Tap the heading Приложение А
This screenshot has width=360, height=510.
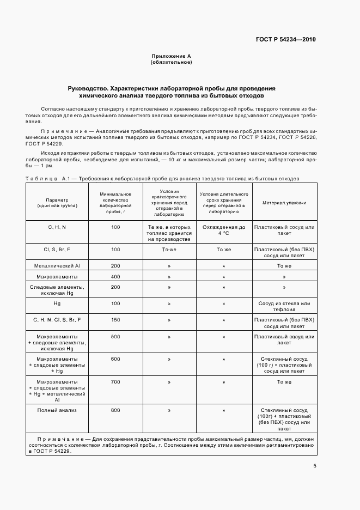(171, 56)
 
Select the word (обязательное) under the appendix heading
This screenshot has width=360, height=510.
(171, 62)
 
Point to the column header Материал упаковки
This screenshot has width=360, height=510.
(284, 203)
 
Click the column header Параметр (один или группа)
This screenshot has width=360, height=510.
(57, 203)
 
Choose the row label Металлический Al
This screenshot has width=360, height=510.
(57, 265)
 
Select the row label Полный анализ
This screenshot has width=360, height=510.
(57, 410)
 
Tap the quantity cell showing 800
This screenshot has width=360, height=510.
(115, 410)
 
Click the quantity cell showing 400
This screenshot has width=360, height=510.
(115, 277)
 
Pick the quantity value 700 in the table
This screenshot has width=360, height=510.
(115, 382)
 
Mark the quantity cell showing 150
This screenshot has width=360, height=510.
(115, 319)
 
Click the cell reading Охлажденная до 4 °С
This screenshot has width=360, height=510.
(224, 230)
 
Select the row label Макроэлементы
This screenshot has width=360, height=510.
(57, 277)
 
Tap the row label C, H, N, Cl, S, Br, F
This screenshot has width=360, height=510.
(57, 319)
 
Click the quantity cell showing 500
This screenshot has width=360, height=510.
(115, 337)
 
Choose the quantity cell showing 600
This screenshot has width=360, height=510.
(115, 360)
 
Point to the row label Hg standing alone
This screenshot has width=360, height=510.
(57, 303)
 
